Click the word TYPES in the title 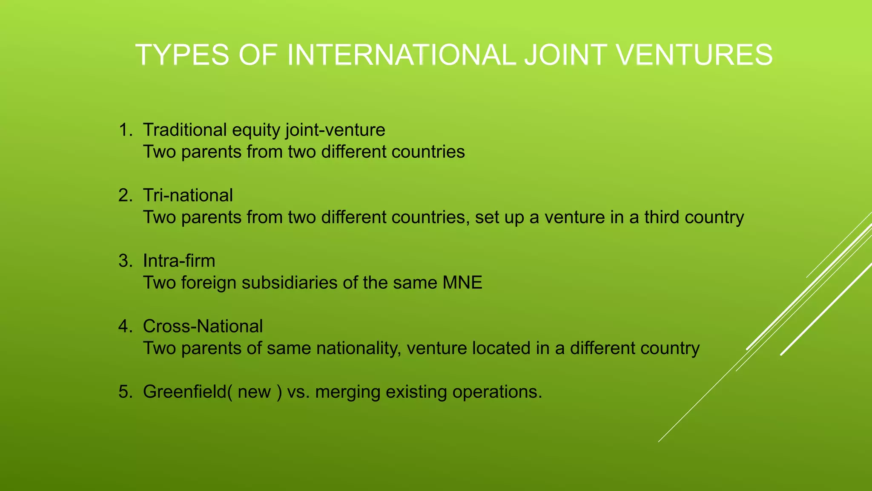(x=182, y=55)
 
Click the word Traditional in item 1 (x=185, y=130)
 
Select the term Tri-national (x=188, y=196)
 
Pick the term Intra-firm (x=179, y=261)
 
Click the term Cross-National (x=203, y=326)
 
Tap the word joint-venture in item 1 (x=335, y=130)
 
